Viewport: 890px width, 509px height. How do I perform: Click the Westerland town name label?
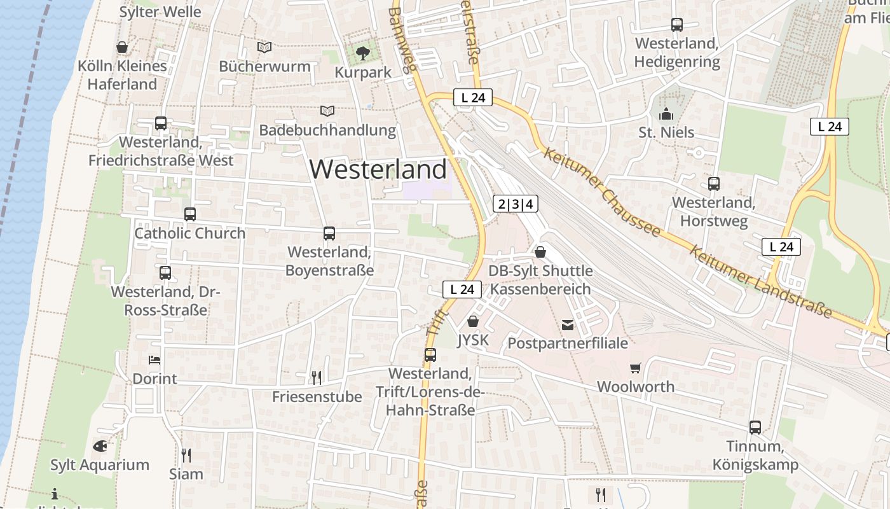point(378,169)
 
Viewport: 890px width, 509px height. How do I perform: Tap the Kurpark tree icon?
point(363,53)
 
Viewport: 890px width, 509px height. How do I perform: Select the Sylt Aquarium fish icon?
point(100,446)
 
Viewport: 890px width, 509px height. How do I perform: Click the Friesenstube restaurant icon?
point(317,378)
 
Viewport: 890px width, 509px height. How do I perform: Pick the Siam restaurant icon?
point(186,455)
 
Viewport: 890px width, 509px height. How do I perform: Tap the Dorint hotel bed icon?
point(154,360)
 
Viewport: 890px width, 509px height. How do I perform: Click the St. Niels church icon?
point(666,114)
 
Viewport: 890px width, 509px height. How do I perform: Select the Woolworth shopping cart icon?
point(635,368)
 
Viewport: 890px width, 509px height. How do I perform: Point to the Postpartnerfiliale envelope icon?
point(567,325)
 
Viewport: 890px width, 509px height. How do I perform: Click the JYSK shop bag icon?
point(473,321)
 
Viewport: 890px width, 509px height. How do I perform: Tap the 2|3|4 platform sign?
point(516,204)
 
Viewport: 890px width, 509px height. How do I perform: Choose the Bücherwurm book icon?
point(264,47)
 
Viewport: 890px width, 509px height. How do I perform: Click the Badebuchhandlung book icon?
point(327,111)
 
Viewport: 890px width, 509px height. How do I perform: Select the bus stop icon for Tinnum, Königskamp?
point(755,428)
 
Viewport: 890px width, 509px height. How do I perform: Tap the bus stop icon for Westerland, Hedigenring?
point(677,25)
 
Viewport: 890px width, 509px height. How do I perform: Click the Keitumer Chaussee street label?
point(602,191)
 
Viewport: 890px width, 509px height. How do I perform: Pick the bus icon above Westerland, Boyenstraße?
point(329,234)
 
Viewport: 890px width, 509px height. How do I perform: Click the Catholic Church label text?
point(189,234)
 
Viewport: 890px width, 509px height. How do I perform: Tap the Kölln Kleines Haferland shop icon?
point(122,47)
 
